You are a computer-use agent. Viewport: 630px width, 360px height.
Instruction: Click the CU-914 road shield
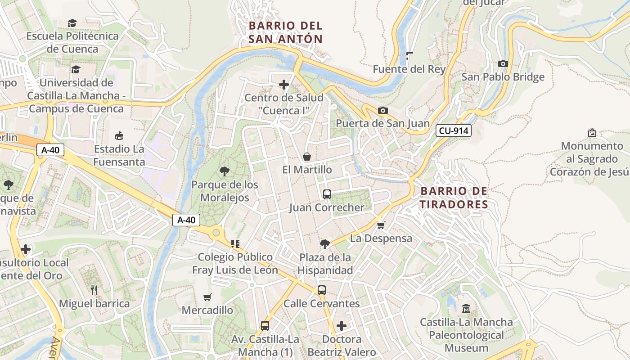[x=453, y=131]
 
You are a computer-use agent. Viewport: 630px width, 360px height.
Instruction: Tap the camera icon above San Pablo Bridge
[x=503, y=64]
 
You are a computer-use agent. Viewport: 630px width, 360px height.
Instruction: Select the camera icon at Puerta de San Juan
[x=382, y=110]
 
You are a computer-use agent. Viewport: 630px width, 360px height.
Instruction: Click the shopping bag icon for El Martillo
[x=307, y=157]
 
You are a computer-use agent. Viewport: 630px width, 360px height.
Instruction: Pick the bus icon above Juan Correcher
[x=327, y=194]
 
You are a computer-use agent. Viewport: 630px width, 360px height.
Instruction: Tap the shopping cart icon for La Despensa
[x=381, y=225]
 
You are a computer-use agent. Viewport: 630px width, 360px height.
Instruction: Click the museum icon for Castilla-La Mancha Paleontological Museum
[x=466, y=309]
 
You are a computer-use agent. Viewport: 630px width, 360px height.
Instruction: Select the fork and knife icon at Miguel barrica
[x=94, y=290]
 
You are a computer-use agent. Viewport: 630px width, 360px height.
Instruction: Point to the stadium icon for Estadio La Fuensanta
[x=119, y=135]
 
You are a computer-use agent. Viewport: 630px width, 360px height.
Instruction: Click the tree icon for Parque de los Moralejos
[x=224, y=171]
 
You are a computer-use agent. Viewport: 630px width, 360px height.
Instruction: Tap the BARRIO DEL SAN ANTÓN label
[x=286, y=32]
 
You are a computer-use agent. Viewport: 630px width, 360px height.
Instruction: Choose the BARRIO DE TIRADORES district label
[x=454, y=198]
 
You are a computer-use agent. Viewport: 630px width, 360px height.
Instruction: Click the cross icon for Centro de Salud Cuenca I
[x=284, y=84]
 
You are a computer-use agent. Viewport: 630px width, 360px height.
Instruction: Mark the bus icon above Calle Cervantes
[x=321, y=290]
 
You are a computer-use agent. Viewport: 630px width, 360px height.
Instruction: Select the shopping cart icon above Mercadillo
[x=207, y=297]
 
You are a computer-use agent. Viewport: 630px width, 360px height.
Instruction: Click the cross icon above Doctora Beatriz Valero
[x=342, y=325]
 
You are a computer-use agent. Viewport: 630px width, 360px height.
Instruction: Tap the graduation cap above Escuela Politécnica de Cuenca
[x=72, y=23]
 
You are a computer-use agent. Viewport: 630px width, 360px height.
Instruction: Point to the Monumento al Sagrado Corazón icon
[x=592, y=133]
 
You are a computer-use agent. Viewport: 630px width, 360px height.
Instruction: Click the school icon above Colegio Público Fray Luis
[x=235, y=244]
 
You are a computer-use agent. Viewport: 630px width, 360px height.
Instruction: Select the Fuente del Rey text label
[x=409, y=69]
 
